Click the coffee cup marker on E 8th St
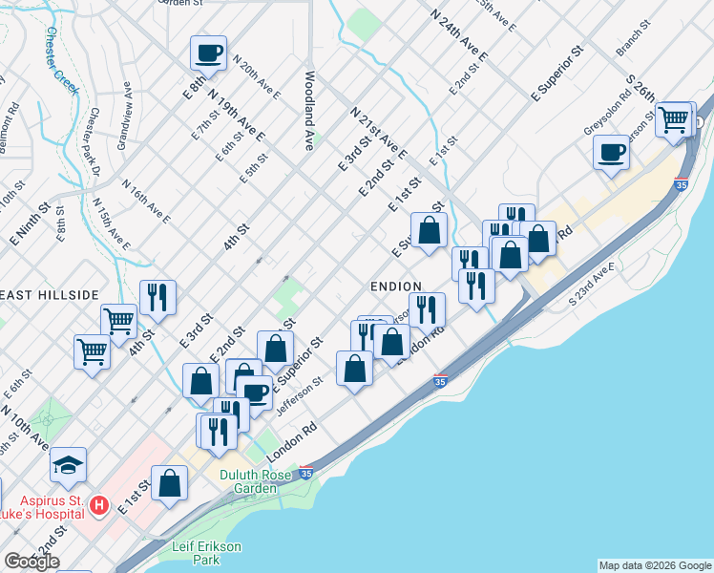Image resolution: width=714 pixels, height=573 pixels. click(x=208, y=53)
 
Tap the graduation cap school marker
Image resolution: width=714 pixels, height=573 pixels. click(x=68, y=465)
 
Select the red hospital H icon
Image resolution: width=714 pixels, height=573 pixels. click(x=97, y=503)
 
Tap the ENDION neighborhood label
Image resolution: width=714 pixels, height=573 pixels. click(x=395, y=286)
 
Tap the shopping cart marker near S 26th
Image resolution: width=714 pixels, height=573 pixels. click(x=674, y=119)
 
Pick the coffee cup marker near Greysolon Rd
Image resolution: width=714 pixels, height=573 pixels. click(x=611, y=151)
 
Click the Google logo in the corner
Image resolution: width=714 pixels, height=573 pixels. click(x=31, y=562)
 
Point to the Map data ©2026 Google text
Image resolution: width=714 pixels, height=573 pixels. click(x=654, y=565)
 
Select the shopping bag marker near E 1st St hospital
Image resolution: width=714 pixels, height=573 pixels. click(x=169, y=483)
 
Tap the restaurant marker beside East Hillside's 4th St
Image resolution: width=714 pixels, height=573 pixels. click(x=157, y=297)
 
